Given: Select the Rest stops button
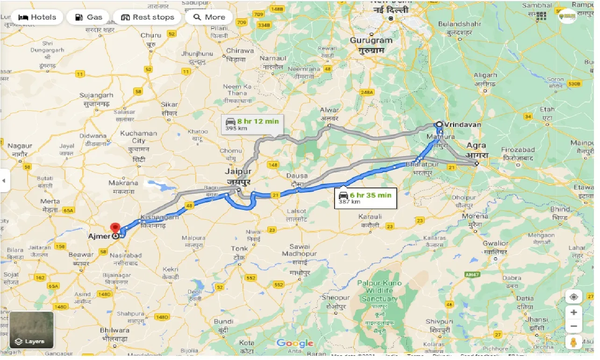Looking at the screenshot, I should pyautogui.click(x=147, y=17).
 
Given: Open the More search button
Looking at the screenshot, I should pyautogui.click(x=209, y=17).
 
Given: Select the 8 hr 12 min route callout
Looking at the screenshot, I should pyautogui.click(x=252, y=124).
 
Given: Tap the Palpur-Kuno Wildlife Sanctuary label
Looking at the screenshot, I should pyautogui.click(x=379, y=291).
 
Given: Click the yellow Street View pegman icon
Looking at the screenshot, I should pyautogui.click(x=573, y=343).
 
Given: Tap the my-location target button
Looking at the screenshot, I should pyautogui.click(x=573, y=297).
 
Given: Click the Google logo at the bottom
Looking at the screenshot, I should pyautogui.click(x=294, y=344).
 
